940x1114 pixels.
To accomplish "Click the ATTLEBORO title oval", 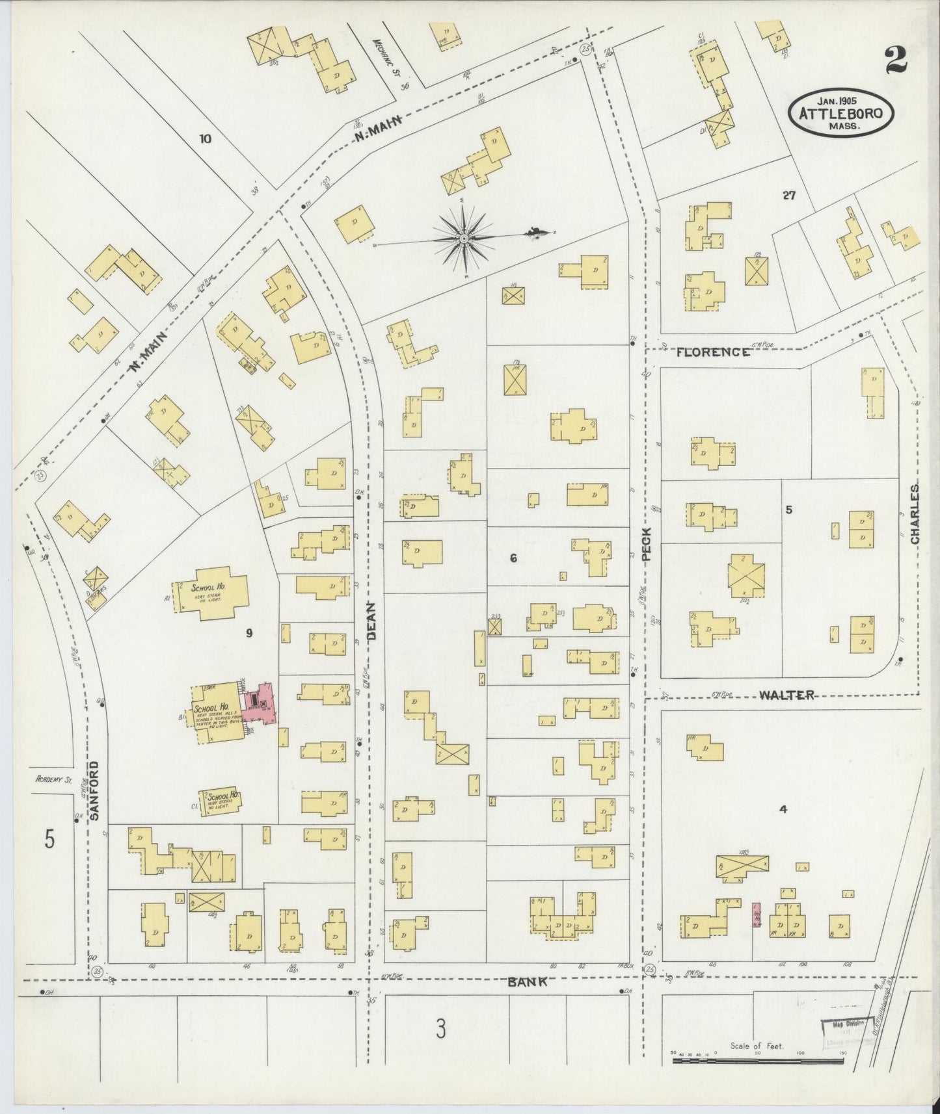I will (x=840, y=114).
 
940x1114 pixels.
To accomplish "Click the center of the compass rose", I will (x=464, y=239).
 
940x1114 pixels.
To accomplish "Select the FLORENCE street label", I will (x=712, y=352).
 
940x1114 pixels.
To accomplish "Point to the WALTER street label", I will (x=786, y=695).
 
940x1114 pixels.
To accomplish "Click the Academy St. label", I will (x=54, y=779).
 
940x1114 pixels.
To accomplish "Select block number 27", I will (x=789, y=195).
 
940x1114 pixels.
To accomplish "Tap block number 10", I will (x=206, y=138).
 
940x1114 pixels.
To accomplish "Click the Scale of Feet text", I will (x=757, y=1046).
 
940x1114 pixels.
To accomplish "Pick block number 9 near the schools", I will (x=248, y=632).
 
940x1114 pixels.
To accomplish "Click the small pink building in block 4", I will (x=757, y=914).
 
